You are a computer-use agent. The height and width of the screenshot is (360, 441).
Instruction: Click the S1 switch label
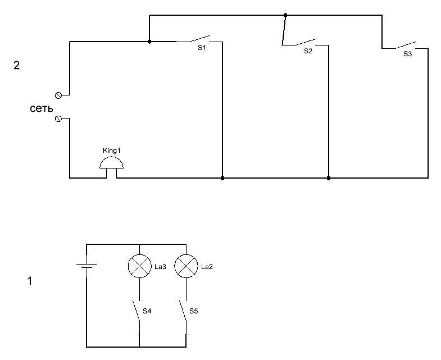click(x=202, y=48)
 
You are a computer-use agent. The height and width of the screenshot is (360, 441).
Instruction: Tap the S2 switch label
click(x=308, y=51)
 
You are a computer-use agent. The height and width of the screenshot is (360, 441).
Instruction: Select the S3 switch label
click(x=407, y=54)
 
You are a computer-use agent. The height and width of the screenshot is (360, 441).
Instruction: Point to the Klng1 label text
click(x=112, y=151)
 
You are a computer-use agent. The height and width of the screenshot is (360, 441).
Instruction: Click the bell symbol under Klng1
click(x=112, y=164)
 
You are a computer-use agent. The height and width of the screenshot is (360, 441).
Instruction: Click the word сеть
click(x=42, y=108)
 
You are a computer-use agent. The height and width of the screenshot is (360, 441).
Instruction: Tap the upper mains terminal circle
click(x=58, y=95)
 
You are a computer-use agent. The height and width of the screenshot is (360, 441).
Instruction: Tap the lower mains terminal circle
click(x=58, y=119)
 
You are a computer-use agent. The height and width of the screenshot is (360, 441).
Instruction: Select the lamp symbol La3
click(x=139, y=267)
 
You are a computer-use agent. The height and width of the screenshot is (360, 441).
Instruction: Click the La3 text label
click(x=161, y=267)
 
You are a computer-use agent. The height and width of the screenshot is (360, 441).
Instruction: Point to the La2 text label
click(x=207, y=267)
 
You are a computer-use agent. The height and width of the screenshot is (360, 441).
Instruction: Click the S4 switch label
click(x=147, y=311)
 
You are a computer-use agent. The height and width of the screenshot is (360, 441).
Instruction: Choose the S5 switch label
click(x=193, y=311)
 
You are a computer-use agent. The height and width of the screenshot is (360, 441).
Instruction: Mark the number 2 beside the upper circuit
click(x=17, y=66)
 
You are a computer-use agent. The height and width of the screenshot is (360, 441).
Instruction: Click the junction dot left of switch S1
click(x=149, y=41)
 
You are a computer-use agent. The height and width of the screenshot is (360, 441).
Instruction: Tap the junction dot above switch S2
click(x=285, y=15)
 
